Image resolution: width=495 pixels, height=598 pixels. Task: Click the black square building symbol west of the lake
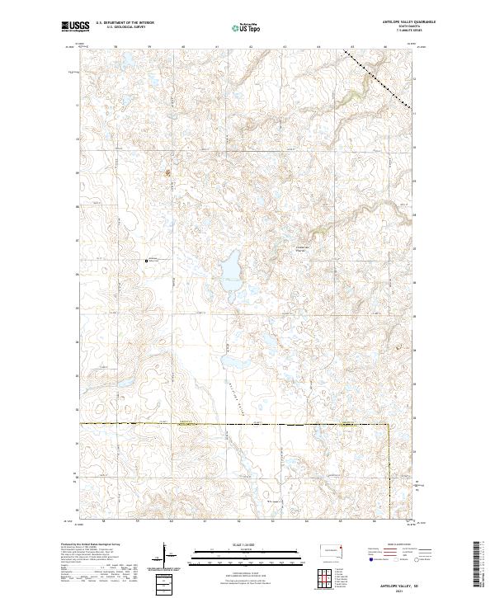pyautogui.click(x=147, y=261)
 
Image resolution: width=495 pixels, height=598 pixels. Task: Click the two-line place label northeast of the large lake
pyautogui.click(x=300, y=250)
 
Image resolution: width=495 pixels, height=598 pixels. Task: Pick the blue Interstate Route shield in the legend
pyautogui.click(x=370, y=560)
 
